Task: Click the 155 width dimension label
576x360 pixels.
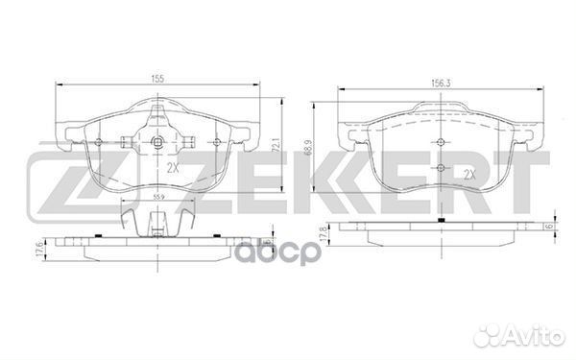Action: click(x=156, y=79)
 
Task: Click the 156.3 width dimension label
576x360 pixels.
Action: click(x=441, y=84)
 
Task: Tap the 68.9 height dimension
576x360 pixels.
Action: click(x=308, y=147)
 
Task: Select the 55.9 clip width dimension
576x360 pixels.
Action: click(x=158, y=197)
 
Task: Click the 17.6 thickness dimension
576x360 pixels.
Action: click(x=39, y=251)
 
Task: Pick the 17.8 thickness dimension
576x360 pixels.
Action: click(x=324, y=233)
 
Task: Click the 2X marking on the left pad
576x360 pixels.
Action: click(x=173, y=168)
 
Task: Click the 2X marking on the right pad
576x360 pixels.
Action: click(x=469, y=174)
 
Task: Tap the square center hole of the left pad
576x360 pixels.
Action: click(x=157, y=141)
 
